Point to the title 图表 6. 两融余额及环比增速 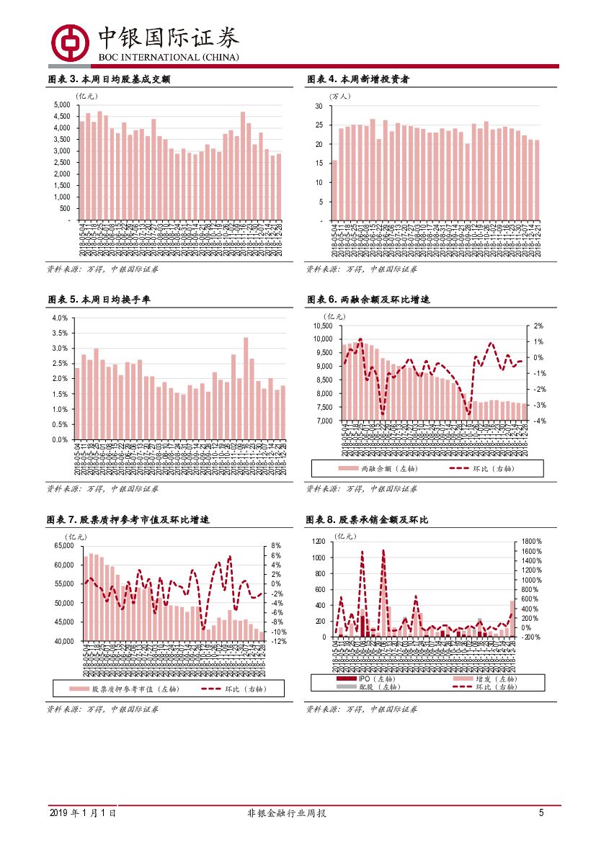click(368, 299)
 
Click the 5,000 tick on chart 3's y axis click(62, 105)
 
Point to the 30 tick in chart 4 click(318, 107)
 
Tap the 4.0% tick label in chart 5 click(60, 318)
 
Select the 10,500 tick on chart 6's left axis click(322, 327)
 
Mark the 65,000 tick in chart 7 click(64, 547)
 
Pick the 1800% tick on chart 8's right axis click(532, 542)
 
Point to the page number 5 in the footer click(541, 813)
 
